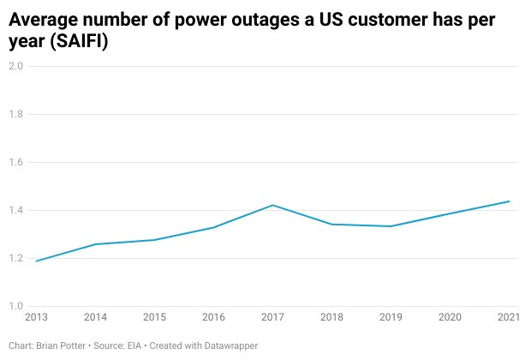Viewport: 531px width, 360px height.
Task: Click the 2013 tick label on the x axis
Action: tap(36, 318)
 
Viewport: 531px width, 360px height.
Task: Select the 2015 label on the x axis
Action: tap(154, 318)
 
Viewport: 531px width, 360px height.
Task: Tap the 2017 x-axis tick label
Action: tap(272, 318)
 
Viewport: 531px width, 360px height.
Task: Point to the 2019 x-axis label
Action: tap(391, 318)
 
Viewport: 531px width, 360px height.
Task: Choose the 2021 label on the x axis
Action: tap(509, 318)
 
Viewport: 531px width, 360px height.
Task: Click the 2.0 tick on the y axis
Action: tap(15, 66)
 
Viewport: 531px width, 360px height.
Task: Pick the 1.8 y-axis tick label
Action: tap(15, 114)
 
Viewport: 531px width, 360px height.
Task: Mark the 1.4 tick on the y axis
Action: tap(15, 210)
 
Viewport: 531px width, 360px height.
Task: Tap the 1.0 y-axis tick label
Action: tap(15, 306)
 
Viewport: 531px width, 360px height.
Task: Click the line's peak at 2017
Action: tap(272, 205)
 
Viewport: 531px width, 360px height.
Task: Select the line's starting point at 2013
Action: tap(36, 261)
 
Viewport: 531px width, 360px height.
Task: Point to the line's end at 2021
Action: tap(510, 201)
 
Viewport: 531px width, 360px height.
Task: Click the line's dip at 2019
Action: tap(391, 226)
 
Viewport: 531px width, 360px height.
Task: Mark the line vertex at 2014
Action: tap(95, 244)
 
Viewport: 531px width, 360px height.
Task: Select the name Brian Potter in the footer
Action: tap(61, 345)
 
